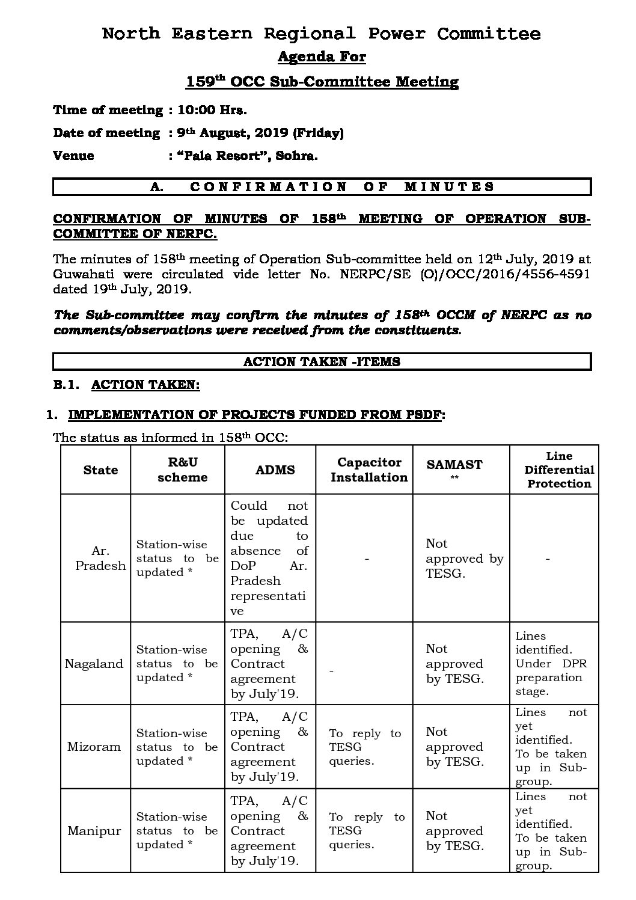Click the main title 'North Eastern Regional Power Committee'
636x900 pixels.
click(x=321, y=34)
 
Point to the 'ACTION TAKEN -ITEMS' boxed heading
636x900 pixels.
click(x=322, y=362)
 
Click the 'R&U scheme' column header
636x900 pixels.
click(x=182, y=470)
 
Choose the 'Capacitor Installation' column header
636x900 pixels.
click(x=369, y=470)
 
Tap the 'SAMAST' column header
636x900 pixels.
click(x=454, y=468)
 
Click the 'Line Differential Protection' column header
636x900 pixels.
click(x=559, y=470)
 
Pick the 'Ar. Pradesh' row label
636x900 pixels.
click(x=100, y=558)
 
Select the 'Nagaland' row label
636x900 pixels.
click(x=94, y=664)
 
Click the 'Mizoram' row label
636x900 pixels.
click(x=94, y=747)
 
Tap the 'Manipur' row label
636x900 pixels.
click(x=94, y=831)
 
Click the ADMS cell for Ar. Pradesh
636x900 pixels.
click(x=269, y=558)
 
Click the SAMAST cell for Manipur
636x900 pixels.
click(x=454, y=831)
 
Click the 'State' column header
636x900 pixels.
click(x=100, y=470)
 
